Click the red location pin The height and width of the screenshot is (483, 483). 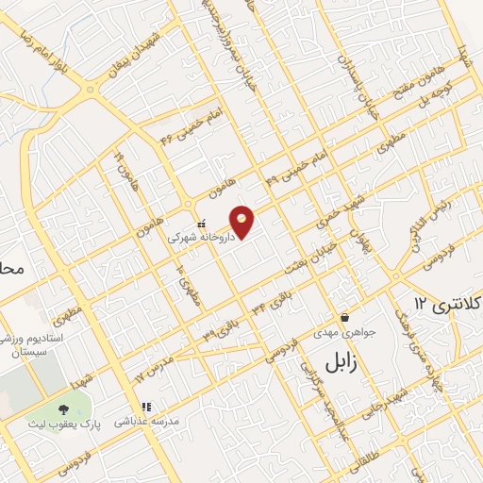(242, 221)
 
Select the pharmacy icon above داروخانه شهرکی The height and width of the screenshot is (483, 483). (200, 225)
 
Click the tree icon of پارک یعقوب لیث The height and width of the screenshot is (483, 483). (64, 409)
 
